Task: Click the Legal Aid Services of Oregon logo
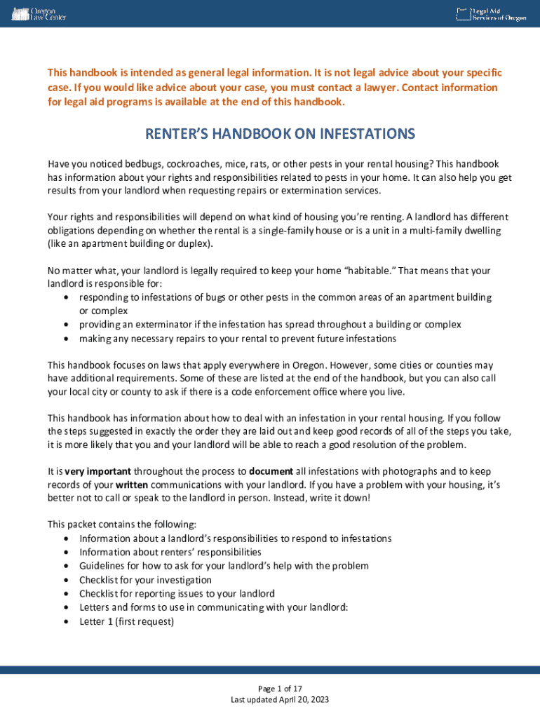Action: point(491,14)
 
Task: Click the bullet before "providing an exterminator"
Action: point(65,325)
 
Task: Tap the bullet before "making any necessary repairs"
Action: point(65,339)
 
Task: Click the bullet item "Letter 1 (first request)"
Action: point(126,621)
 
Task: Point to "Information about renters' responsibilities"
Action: point(170,552)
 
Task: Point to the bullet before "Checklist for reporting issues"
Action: point(65,594)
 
